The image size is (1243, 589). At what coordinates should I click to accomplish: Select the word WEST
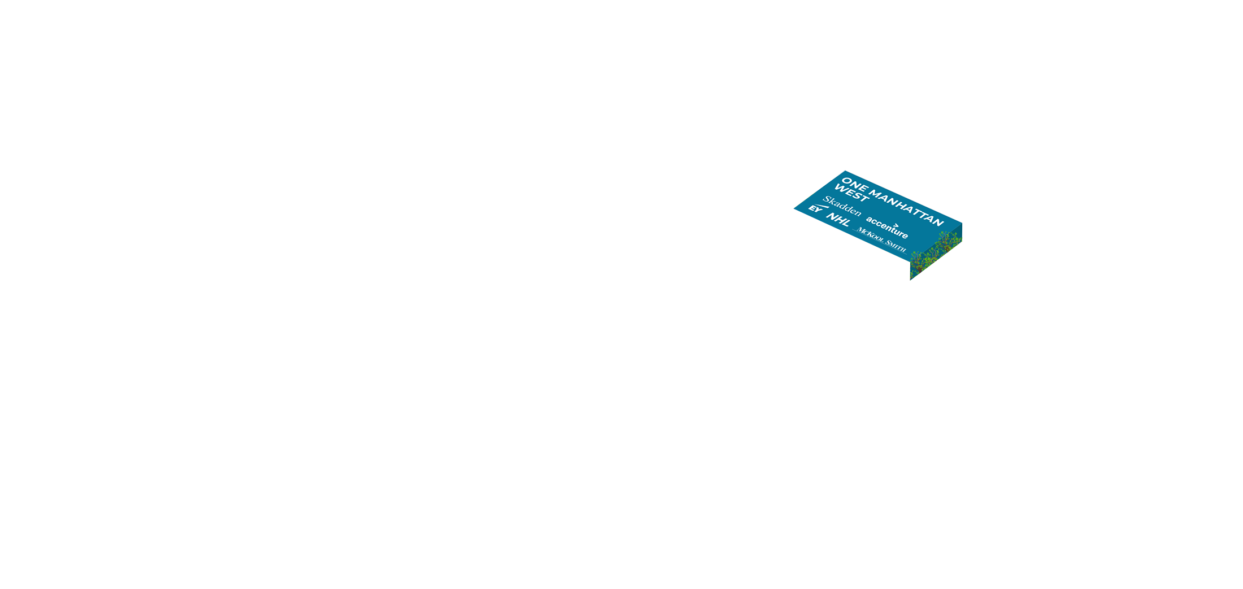point(851,193)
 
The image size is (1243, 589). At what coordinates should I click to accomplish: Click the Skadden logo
point(842,206)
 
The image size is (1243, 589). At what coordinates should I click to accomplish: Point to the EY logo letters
point(815,209)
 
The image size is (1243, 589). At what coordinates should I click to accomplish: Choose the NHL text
point(838,220)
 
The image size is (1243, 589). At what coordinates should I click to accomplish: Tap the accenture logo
point(887,228)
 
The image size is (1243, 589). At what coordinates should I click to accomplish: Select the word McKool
point(870,234)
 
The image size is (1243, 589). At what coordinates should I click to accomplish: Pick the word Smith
point(896,246)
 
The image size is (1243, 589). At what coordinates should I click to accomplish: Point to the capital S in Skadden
point(827,199)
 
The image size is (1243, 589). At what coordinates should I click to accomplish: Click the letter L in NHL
point(846,224)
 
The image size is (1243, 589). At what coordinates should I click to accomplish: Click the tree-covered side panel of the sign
point(936,252)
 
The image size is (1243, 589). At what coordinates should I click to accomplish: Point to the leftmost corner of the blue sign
point(794,209)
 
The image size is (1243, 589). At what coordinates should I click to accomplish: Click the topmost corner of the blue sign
point(845,171)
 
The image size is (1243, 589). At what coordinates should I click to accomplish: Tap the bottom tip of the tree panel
point(910,280)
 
